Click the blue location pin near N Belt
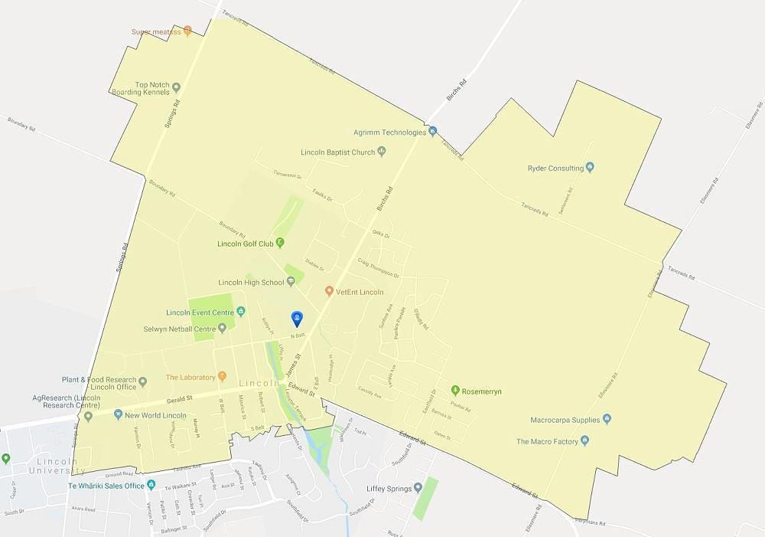[298, 319]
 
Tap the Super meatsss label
[155, 31]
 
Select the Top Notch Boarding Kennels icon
[176, 86]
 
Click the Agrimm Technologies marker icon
[432, 132]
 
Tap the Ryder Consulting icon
[589, 168]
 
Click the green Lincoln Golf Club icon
[280, 244]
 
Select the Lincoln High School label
[251, 282]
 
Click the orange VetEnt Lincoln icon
[329, 291]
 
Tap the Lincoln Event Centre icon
[240, 312]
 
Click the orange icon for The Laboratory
[222, 376]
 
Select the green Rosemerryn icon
[455, 391]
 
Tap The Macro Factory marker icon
[584, 441]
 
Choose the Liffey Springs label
[380, 488]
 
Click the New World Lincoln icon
[118, 415]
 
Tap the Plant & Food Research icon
[142, 380]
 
